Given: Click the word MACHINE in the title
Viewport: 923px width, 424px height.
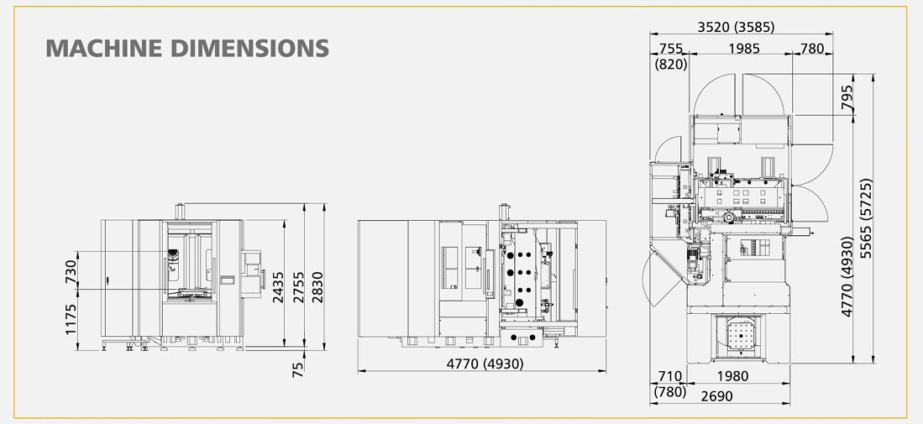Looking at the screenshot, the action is pos(103,48).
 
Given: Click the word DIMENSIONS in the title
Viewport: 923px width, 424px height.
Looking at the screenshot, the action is pos(249,48).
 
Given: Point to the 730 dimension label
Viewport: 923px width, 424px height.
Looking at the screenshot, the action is pos(71,271).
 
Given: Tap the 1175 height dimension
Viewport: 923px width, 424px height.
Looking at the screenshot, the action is pos(71,319).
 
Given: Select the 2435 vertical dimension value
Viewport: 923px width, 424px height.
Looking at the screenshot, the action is pos(278,287).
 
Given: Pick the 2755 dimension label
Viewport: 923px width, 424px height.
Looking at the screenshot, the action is pos(298,287).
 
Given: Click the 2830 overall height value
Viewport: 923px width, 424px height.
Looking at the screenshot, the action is pos(317,287).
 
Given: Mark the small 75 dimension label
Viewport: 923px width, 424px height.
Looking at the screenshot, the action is pos(298,369).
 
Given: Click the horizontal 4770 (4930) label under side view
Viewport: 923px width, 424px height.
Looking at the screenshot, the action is pos(485,364).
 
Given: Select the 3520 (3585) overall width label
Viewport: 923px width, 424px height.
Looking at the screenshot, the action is pos(736,27).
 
